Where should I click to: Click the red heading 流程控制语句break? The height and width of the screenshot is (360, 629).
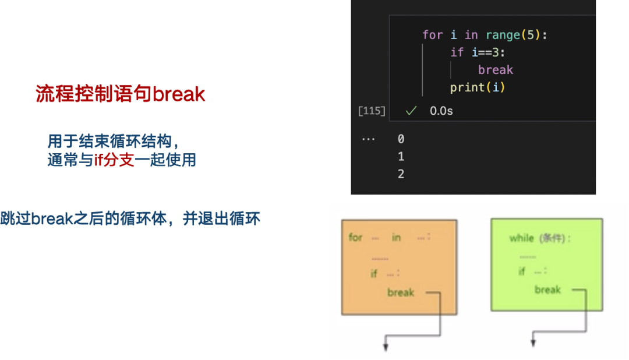click(x=121, y=94)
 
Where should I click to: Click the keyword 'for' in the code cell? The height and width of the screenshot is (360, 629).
click(x=432, y=35)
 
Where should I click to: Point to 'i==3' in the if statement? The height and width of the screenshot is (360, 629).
click(x=486, y=52)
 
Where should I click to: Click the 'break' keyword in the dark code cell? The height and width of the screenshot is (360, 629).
click(x=496, y=70)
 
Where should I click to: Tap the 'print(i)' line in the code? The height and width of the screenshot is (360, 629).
click(x=478, y=87)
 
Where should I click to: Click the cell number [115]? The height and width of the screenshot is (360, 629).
click(x=372, y=111)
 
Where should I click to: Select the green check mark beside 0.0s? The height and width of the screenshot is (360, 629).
click(x=412, y=111)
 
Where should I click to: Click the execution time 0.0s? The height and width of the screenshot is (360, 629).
click(x=441, y=111)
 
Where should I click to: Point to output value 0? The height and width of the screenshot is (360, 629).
click(x=401, y=139)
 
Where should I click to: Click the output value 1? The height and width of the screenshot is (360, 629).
click(x=401, y=157)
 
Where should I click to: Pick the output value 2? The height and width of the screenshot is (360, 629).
click(x=401, y=174)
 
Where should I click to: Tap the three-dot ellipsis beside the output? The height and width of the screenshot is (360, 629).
click(x=368, y=139)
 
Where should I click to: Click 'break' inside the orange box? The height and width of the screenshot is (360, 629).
click(x=401, y=292)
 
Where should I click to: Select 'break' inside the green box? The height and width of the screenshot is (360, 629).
click(x=547, y=290)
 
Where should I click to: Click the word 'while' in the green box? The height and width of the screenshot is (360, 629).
click(x=522, y=238)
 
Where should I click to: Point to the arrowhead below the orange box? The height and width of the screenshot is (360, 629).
click(x=385, y=348)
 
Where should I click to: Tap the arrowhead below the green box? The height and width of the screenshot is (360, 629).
click(x=533, y=344)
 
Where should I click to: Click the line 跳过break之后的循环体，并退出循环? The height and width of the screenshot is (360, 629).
click(x=130, y=220)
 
